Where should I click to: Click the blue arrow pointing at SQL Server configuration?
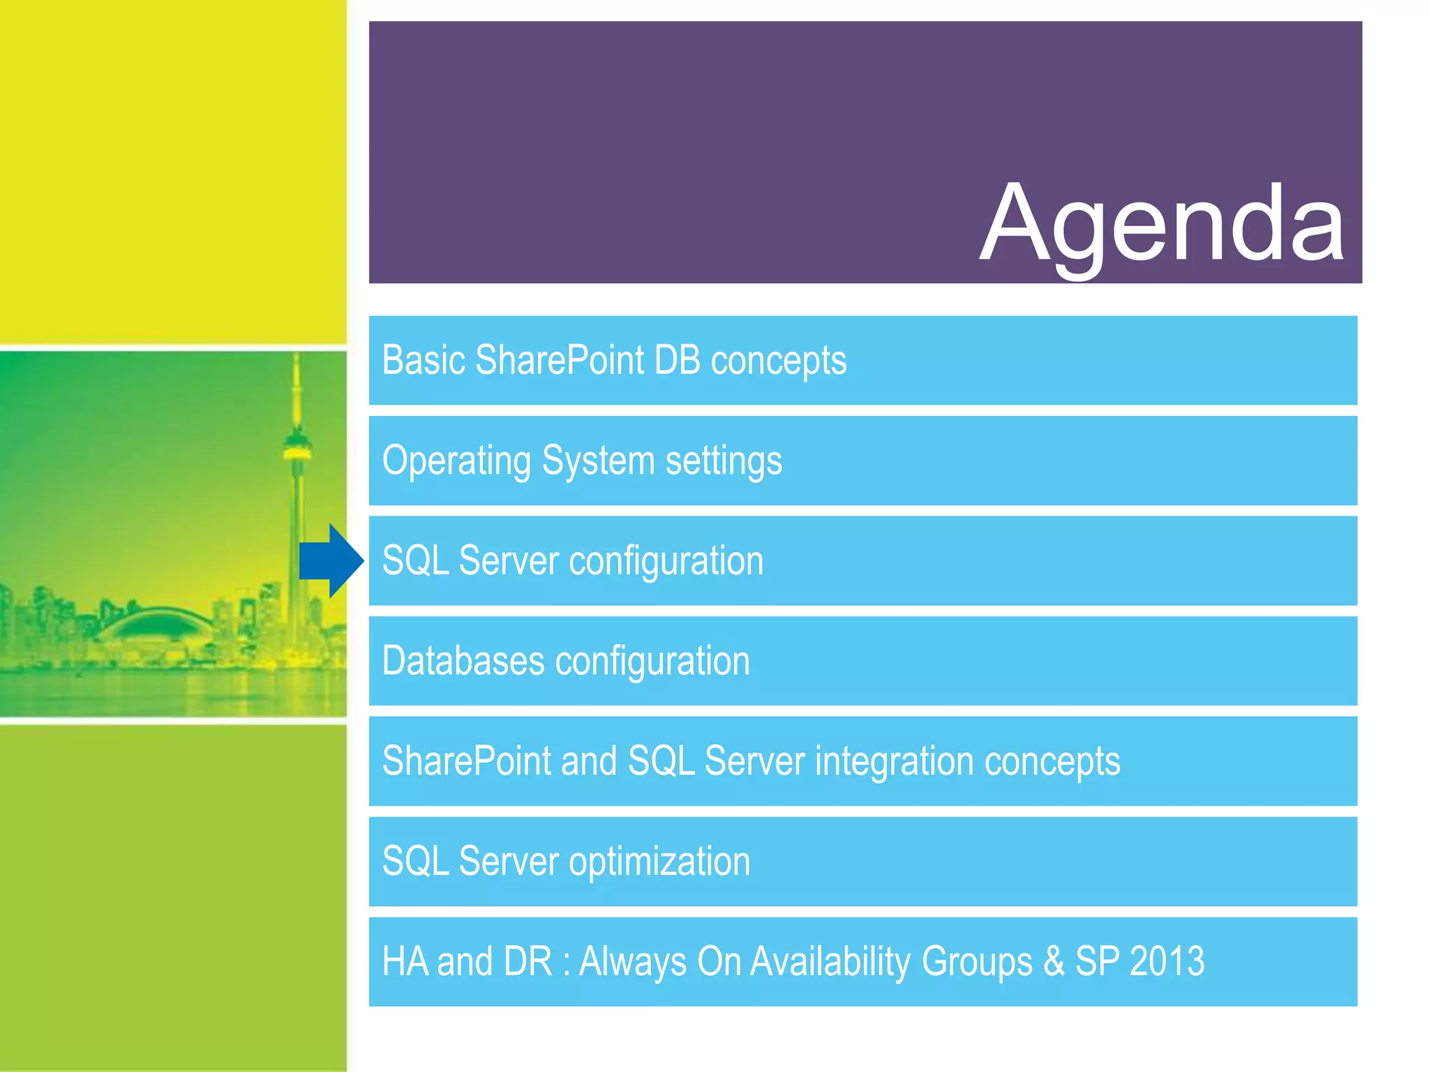coord(330,561)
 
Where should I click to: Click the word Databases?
coord(463,661)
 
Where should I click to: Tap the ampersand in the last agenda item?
coord(1054,961)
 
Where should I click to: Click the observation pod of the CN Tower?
coord(297,447)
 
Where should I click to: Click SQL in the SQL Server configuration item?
coord(415,561)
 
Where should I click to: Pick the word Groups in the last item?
coord(976,962)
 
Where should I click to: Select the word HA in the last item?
coord(405,962)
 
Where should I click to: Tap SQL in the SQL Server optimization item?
coord(415,862)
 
